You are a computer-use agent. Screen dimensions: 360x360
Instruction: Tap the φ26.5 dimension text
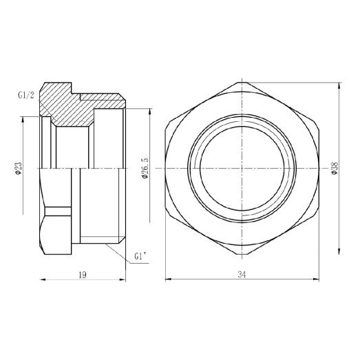[143, 168]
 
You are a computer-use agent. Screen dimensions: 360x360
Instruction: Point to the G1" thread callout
[140, 257]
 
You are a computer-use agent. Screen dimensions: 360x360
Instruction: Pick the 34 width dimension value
[242, 274]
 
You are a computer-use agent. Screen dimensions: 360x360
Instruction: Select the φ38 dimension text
[334, 168]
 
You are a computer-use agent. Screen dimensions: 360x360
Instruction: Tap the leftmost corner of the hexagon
[166, 169]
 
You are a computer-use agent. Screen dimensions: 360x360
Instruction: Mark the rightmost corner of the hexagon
[318, 169]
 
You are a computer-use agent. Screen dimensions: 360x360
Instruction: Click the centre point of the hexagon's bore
[242, 169]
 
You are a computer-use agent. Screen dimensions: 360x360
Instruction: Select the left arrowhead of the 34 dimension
[167, 279]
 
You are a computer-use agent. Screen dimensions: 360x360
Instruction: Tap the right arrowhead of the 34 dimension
[317, 279]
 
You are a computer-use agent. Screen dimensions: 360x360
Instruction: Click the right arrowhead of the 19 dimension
[124, 279]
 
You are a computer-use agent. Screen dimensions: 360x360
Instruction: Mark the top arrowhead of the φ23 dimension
[23, 118]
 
